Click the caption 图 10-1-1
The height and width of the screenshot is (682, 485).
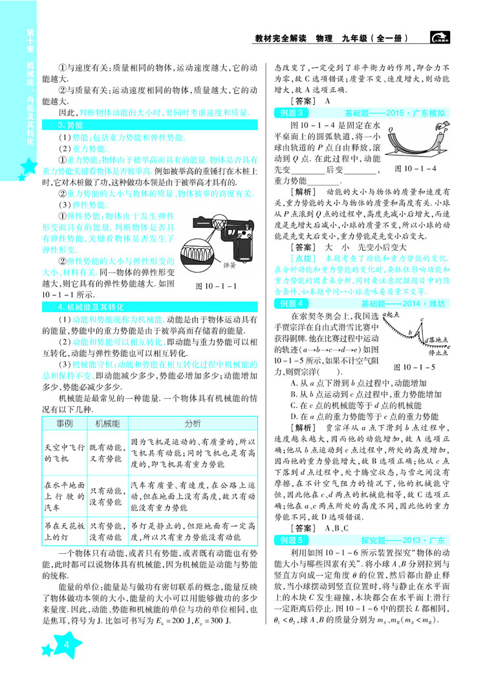click(x=215, y=266)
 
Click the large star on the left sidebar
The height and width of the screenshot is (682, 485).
click(x=26, y=170)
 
